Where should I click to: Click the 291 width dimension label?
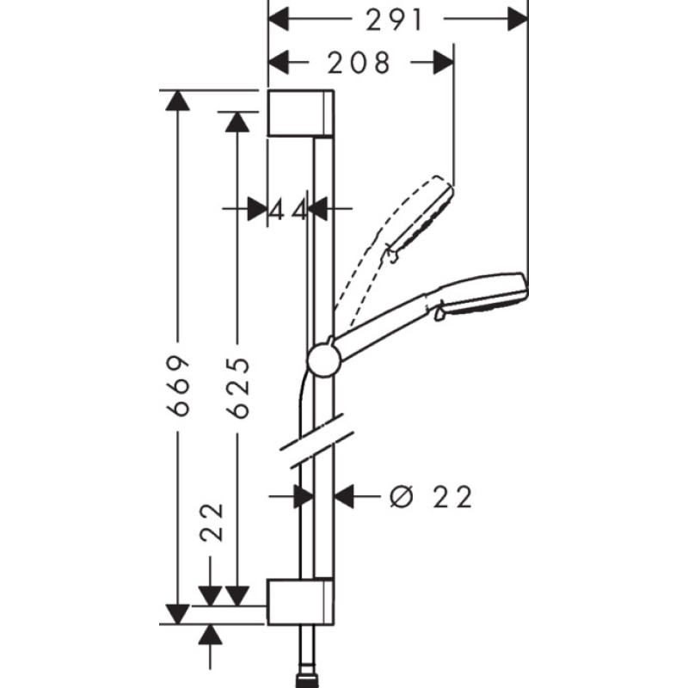(395, 19)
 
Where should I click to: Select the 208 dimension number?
(359, 62)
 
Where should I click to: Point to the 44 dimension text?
(288, 209)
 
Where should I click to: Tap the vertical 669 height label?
(178, 385)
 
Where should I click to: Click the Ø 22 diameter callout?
(430, 496)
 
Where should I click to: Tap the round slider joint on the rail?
(322, 359)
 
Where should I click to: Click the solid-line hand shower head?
(482, 294)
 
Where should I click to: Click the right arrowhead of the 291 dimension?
(517, 19)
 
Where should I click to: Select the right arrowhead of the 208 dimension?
(444, 62)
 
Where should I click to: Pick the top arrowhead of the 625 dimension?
(236, 121)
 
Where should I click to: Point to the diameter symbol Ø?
(400, 496)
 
